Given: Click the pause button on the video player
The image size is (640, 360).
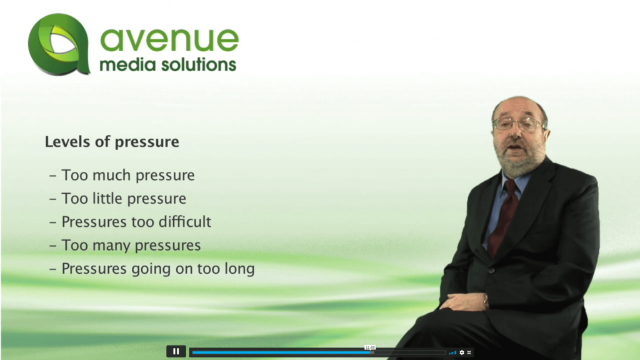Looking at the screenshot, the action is [x=176, y=351].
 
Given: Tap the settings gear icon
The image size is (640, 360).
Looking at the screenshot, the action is [x=462, y=352].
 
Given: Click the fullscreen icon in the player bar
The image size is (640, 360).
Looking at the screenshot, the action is [x=469, y=352].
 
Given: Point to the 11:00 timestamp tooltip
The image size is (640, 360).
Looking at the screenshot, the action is [x=370, y=347].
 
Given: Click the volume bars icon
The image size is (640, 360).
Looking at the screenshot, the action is [x=452, y=352].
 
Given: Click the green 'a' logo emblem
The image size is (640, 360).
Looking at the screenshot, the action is [x=59, y=44].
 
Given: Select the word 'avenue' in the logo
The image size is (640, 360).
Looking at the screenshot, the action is [x=169, y=39].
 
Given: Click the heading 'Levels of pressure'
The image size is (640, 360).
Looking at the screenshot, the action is [x=112, y=142].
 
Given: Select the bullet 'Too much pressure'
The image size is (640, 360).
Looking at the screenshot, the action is [x=122, y=175].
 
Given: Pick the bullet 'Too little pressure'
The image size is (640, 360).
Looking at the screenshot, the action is [x=117, y=198].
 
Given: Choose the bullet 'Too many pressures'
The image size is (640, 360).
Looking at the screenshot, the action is [x=125, y=245].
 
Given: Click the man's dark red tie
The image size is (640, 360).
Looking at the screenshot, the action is [x=503, y=216].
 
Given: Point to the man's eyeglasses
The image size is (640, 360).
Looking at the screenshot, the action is [x=518, y=123].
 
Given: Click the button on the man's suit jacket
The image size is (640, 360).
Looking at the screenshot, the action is [x=491, y=271].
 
